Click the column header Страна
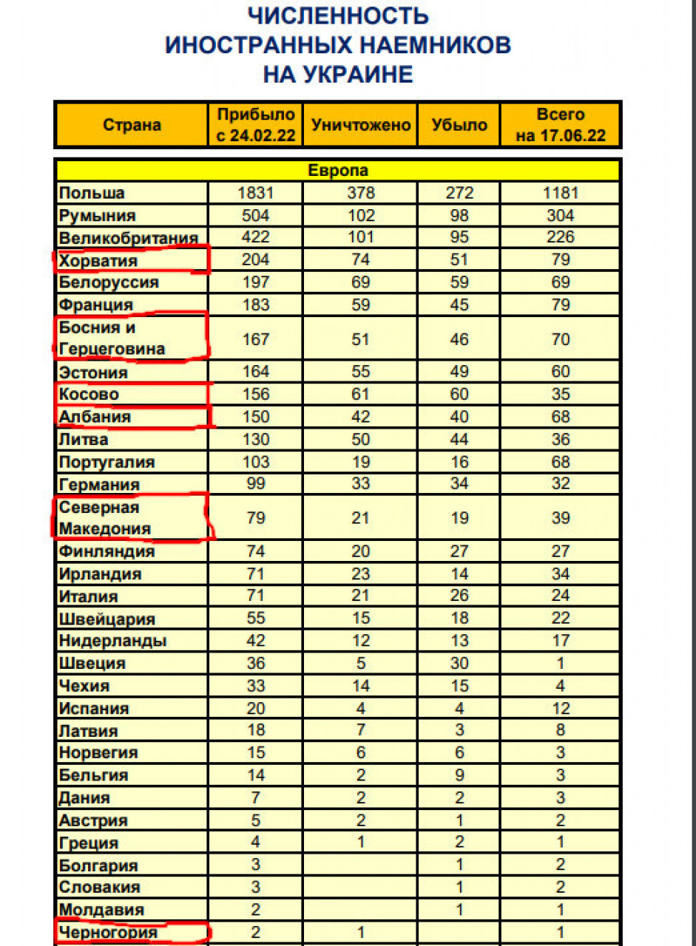132,125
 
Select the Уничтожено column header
361,125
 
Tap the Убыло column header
459,125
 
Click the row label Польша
92,194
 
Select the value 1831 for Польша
256,194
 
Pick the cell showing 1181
560,194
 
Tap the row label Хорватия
98,261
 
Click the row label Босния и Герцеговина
111,338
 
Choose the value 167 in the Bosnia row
256,339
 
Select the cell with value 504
256,216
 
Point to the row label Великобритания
128,239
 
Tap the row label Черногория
108,933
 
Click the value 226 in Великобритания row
560,238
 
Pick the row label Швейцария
107,619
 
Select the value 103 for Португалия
256,462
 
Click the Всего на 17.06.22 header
560,125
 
